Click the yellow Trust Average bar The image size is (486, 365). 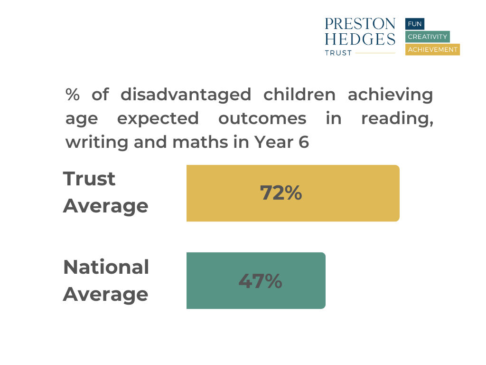293,193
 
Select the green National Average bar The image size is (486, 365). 256,280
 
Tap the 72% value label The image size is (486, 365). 281,193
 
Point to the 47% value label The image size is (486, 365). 261,281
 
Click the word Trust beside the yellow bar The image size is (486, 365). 89,179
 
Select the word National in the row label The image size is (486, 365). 106,267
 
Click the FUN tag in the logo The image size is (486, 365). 415,24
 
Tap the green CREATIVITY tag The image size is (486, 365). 428,37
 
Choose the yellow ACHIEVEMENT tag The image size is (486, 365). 432,49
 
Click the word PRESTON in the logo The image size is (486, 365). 360,24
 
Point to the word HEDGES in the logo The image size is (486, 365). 360,39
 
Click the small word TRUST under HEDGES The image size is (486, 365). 338,53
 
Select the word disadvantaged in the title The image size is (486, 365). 186,95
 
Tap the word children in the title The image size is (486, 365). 299,95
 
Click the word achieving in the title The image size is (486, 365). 391,95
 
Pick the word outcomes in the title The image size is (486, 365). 262,118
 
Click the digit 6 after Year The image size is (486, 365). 304,142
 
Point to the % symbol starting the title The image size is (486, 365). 73,95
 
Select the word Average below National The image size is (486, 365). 106,295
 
